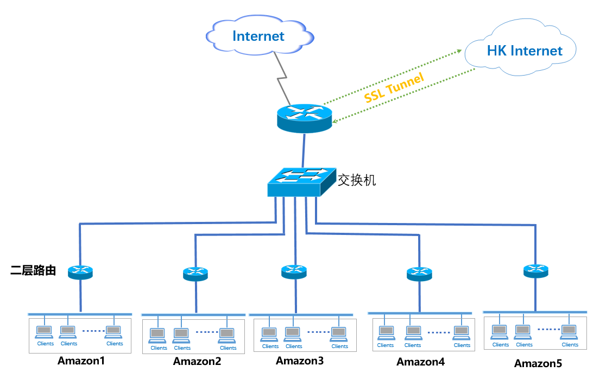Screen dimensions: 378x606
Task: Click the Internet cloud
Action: click(x=258, y=36)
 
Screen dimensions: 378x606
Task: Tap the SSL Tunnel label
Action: click(x=394, y=88)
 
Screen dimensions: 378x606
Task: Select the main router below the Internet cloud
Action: click(x=304, y=117)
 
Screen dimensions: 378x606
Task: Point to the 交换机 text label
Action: click(x=357, y=180)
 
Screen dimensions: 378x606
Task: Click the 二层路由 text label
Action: click(x=33, y=270)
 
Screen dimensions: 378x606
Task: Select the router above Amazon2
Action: click(x=195, y=274)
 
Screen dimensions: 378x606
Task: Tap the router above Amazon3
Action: click(x=294, y=271)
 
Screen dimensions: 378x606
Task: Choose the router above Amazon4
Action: click(x=419, y=274)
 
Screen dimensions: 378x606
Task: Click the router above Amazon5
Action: click(x=536, y=270)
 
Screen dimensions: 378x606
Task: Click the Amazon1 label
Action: click(x=81, y=361)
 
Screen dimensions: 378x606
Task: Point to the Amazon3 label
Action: click(x=300, y=360)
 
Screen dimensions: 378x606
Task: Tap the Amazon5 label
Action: click(x=538, y=363)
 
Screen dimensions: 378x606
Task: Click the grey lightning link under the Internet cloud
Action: click(x=282, y=79)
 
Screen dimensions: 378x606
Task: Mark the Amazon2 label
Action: click(x=197, y=361)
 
